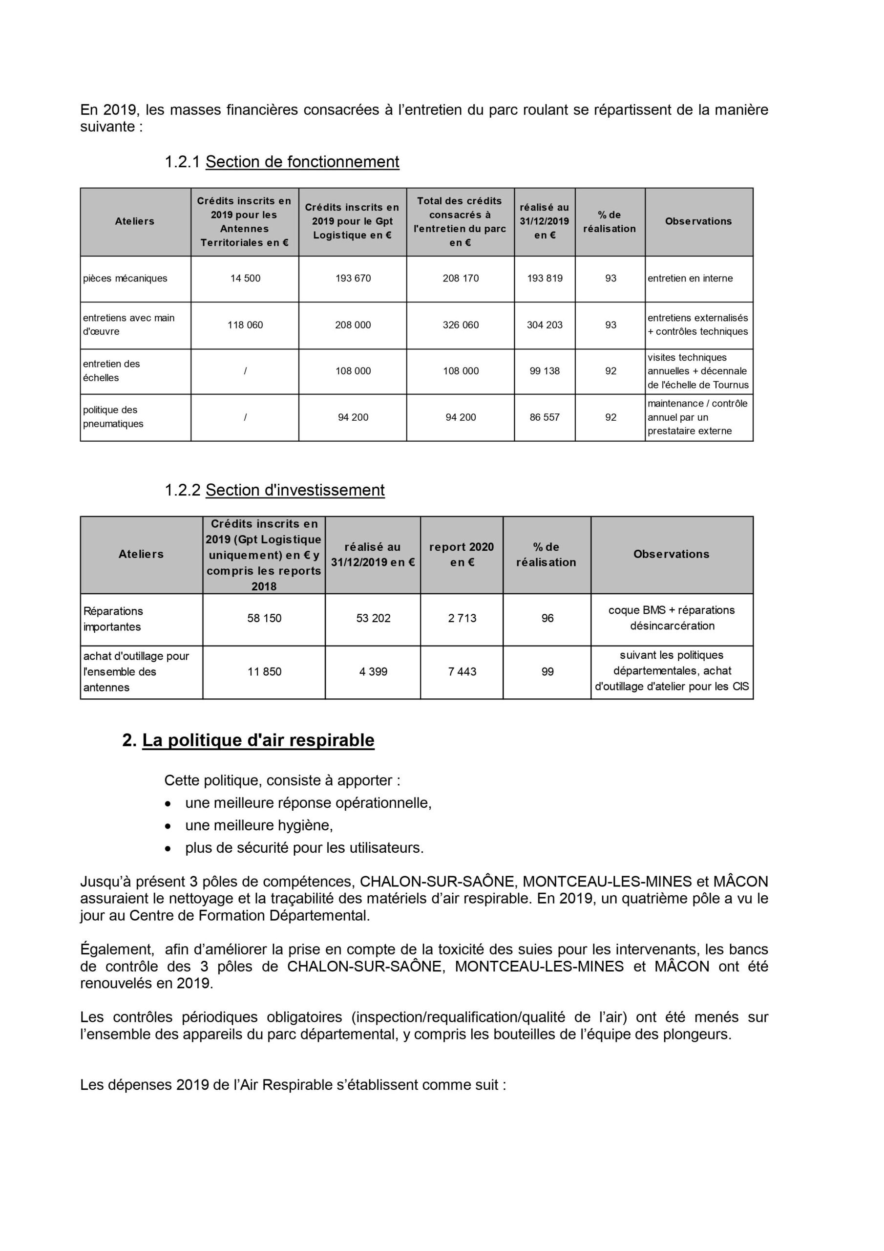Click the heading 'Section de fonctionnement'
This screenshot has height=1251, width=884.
(x=302, y=162)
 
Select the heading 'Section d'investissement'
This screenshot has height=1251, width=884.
(x=295, y=490)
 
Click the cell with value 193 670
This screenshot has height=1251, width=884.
(x=353, y=279)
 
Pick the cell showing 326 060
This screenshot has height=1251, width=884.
(x=461, y=325)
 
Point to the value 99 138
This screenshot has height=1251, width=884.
(x=545, y=371)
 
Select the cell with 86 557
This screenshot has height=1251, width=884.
(x=545, y=417)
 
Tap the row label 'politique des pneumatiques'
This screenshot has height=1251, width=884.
(x=113, y=417)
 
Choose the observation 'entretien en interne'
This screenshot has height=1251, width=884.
(x=690, y=279)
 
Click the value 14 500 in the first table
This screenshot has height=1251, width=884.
(x=245, y=279)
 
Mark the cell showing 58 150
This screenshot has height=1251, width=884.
(x=264, y=619)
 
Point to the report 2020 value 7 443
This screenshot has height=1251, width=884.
(x=462, y=672)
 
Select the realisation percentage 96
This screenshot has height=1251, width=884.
(x=547, y=619)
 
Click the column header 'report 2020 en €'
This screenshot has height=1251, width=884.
(x=462, y=554)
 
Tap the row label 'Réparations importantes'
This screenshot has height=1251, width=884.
(x=113, y=619)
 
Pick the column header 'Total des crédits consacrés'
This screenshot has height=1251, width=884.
(x=460, y=221)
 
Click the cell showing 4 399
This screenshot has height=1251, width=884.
(x=373, y=672)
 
